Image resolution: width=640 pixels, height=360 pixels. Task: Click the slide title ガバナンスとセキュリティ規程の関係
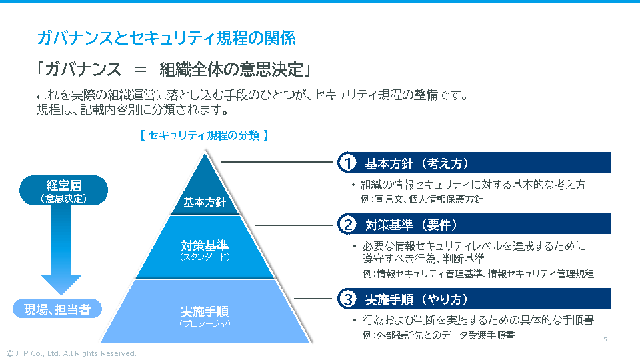[x=166, y=38]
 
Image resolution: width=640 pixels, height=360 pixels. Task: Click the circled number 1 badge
[x=347, y=163]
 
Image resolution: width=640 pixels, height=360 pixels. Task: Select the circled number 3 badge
[x=347, y=299]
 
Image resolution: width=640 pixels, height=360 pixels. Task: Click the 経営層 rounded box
[x=63, y=190]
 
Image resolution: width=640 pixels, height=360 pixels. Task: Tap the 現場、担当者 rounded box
[x=57, y=309]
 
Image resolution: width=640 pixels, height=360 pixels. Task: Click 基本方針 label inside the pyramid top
[x=205, y=202]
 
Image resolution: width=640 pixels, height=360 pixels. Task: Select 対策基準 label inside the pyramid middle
[x=205, y=245]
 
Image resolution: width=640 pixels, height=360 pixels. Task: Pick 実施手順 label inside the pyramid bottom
[x=205, y=311]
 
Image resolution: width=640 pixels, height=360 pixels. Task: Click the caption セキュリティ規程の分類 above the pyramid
[x=205, y=135]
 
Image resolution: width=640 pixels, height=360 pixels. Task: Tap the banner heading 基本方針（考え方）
[x=417, y=163]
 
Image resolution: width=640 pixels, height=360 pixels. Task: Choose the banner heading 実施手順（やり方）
[x=417, y=299]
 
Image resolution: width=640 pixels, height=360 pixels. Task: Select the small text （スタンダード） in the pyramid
[x=205, y=257]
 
